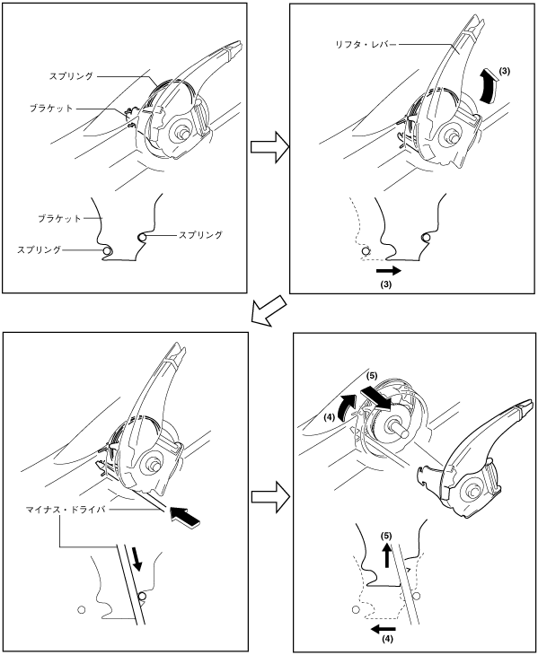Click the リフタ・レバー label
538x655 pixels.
coord(366,44)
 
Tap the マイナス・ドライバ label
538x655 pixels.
coord(65,510)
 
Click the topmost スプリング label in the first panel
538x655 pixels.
coord(71,76)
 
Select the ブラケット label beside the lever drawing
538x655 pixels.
coord(51,109)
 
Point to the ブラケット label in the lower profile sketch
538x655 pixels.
coord(59,218)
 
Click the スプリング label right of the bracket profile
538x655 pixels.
coord(200,235)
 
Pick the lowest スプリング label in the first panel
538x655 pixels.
coord(39,249)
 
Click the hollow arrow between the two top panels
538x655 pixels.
coord(270,147)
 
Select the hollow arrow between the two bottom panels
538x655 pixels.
coord(270,497)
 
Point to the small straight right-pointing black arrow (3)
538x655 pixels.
coord(388,271)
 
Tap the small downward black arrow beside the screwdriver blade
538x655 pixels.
coord(137,560)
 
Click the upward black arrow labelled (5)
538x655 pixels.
coord(387,555)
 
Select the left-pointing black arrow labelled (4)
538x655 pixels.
coord(384,628)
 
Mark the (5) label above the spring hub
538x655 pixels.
coord(372,376)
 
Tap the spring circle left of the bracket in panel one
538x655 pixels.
coord(108,251)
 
